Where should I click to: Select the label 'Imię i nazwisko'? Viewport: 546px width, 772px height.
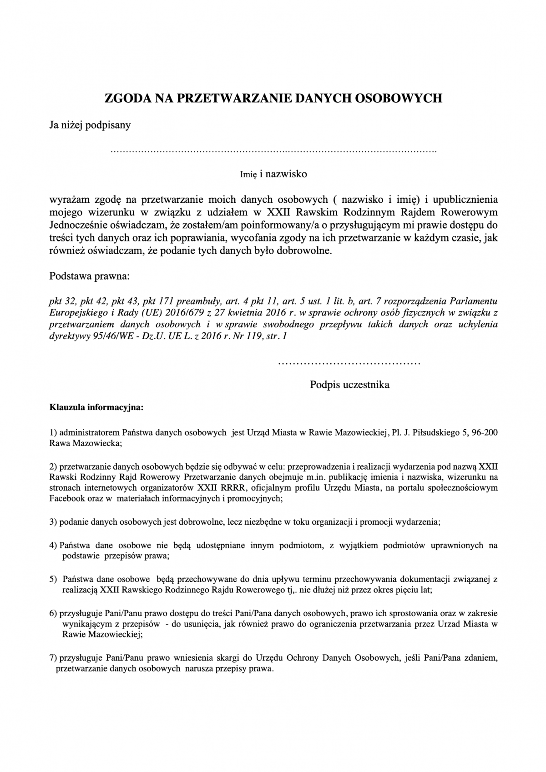(x=273, y=174)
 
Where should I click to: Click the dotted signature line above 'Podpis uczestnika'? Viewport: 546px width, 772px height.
(x=349, y=363)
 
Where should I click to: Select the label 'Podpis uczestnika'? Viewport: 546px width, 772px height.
(x=349, y=385)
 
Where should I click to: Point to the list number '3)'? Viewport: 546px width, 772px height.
(x=53, y=522)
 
